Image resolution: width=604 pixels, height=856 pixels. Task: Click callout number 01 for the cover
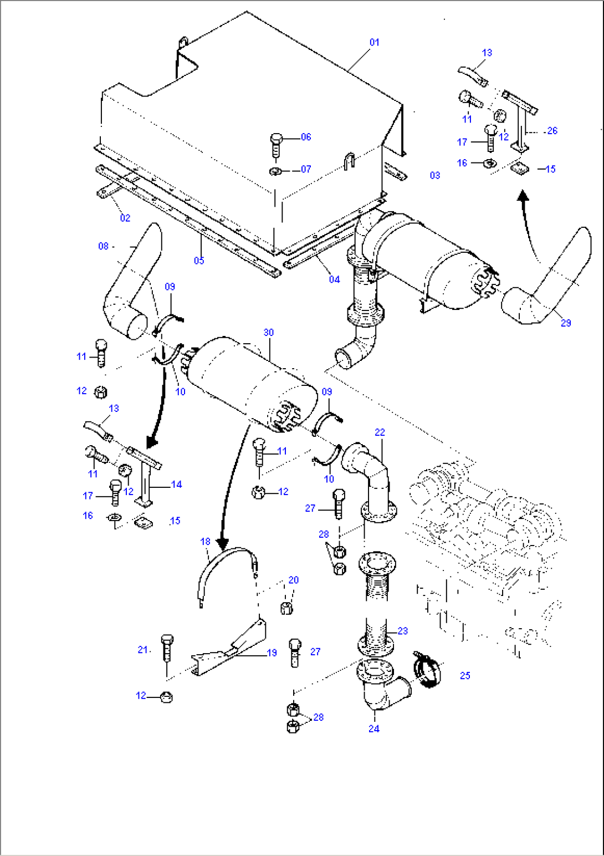tap(375, 42)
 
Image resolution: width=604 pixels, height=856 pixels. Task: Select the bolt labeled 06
tap(277, 145)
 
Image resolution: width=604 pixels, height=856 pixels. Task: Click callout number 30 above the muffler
tap(269, 333)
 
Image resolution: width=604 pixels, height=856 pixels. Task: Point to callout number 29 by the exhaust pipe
tap(566, 323)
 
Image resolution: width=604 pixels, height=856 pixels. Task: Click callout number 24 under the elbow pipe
tap(374, 728)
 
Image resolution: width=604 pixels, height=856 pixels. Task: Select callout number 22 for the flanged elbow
tap(380, 432)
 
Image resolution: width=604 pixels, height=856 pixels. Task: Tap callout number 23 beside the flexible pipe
tap(402, 631)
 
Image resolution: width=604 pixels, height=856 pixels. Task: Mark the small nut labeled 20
tap(286, 608)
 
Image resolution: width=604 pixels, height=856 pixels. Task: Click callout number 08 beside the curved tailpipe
tap(104, 246)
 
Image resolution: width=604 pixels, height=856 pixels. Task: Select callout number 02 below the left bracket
tap(125, 218)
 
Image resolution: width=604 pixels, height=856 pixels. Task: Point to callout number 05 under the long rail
tap(199, 260)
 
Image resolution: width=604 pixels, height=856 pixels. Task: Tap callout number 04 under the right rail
tap(334, 279)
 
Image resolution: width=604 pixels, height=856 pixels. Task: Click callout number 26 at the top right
tap(552, 131)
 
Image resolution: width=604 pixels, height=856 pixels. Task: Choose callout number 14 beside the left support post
tap(176, 485)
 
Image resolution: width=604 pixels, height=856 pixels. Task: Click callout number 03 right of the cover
tap(435, 175)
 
